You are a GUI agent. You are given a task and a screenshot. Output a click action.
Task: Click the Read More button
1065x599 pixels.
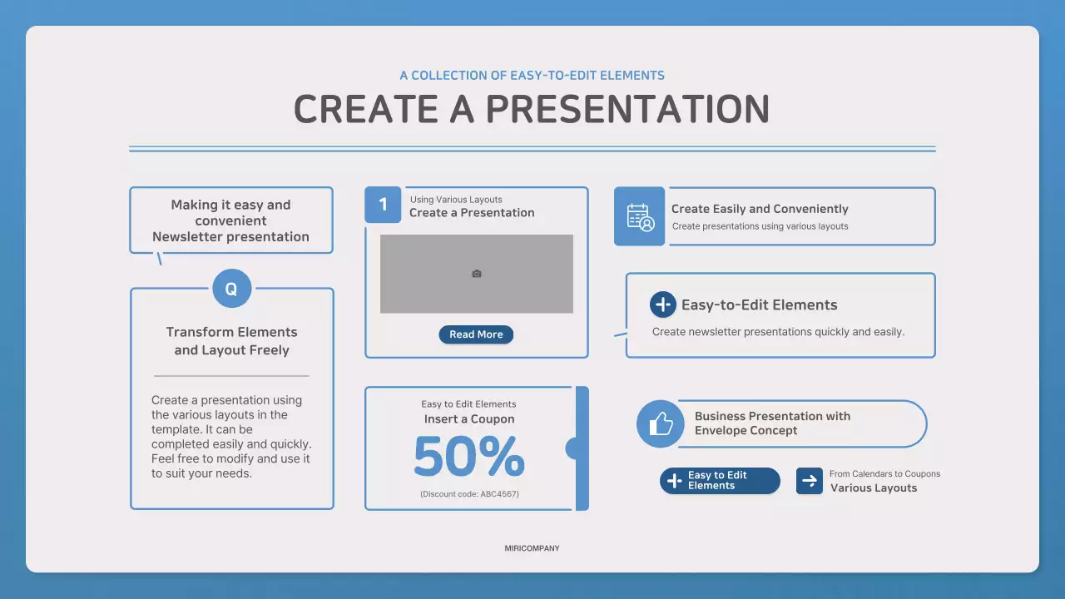point(476,334)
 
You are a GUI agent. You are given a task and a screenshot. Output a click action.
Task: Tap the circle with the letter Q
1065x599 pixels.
point(232,289)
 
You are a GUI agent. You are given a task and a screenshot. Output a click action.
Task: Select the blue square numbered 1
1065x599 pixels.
point(383,205)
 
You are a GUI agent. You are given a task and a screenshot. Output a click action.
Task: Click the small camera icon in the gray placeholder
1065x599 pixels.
point(477,274)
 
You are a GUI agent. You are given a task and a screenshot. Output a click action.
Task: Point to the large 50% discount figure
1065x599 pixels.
point(469,457)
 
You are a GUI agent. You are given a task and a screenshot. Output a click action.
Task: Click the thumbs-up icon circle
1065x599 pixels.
point(661,423)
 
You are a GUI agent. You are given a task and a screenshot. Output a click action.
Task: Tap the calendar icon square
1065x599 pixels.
point(640,216)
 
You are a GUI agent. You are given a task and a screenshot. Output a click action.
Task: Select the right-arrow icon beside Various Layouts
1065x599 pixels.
point(810,481)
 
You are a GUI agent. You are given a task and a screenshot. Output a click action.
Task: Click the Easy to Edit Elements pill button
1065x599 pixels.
point(720,481)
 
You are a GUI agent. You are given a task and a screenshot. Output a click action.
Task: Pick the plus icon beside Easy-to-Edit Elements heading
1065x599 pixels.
point(663,304)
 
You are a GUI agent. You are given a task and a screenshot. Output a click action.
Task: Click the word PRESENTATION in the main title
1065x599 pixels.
point(627,109)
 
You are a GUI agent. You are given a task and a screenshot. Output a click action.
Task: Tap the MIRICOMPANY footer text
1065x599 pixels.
point(532,548)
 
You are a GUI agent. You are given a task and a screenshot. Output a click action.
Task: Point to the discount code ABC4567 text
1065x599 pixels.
point(469,494)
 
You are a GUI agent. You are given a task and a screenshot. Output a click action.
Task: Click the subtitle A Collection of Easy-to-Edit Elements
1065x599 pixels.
point(532,75)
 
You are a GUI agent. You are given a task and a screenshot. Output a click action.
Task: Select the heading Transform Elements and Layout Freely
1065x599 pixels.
point(231,341)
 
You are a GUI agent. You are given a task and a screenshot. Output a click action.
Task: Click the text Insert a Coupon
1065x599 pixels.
point(469,418)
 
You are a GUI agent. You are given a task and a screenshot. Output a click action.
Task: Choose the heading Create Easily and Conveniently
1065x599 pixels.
point(760,209)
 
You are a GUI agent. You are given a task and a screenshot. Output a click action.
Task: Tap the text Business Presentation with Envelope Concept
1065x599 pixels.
point(773,423)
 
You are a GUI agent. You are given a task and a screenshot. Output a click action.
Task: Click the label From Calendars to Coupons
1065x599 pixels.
point(884,473)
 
